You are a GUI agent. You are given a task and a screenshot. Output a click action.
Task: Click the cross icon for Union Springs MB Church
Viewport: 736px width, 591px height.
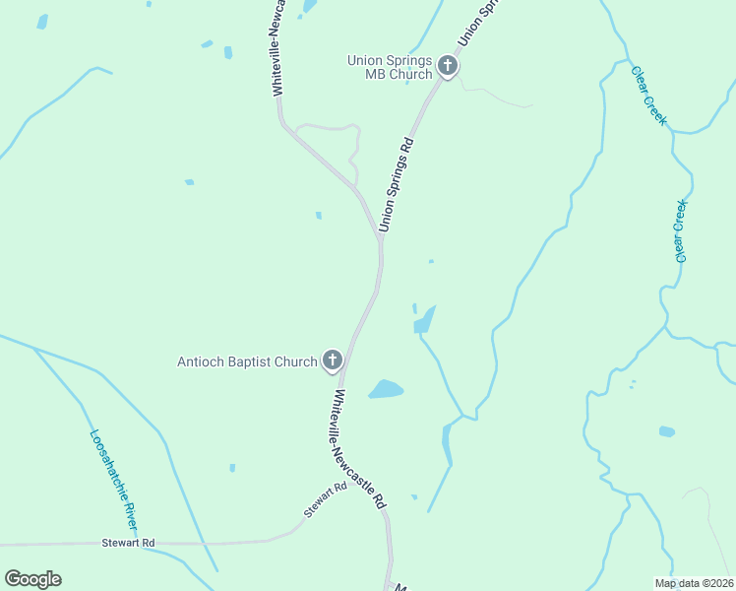(448, 67)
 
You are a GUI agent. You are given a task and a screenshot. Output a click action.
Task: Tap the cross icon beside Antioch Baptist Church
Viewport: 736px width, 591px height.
(333, 361)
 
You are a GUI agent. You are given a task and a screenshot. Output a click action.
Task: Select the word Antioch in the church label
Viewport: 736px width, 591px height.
(201, 361)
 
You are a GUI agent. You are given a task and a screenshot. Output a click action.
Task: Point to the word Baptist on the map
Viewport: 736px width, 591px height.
(252, 361)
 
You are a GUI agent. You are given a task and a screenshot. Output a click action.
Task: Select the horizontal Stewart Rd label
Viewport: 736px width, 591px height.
(128, 543)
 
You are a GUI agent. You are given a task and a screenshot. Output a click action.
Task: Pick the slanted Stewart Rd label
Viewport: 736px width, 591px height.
(325, 499)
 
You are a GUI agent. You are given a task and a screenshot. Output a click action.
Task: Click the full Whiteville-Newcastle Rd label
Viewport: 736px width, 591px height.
(358, 448)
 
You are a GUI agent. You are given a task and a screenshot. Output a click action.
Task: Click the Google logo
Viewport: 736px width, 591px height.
(32, 579)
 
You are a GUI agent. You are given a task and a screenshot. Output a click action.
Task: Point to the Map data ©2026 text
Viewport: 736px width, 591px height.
(695, 583)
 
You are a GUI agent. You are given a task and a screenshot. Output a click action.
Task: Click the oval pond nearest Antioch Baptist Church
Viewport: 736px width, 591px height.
(386, 389)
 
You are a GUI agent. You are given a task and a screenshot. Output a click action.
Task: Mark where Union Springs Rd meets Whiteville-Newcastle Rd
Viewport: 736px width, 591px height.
(379, 236)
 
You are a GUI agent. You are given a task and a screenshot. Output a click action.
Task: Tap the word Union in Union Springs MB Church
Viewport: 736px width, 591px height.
(364, 60)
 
